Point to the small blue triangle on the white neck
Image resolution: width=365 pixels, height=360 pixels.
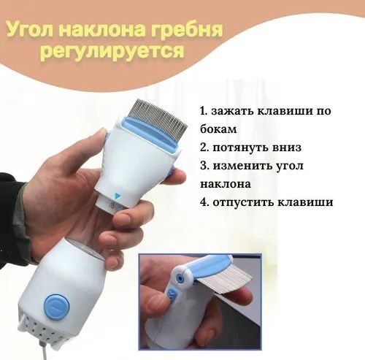118,195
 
